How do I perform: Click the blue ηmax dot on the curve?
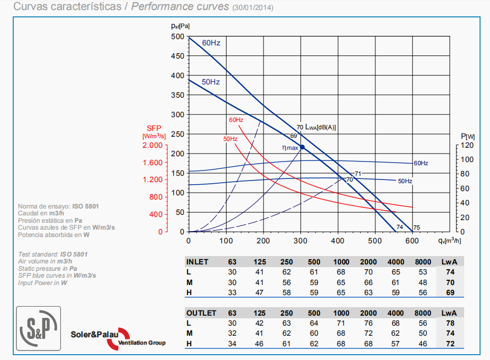coord(302,147)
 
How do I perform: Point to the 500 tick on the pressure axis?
coord(178,36)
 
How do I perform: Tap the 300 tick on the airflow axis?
coord(300,241)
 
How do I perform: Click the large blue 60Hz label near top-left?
coord(211,42)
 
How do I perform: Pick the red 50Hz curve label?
coord(230,139)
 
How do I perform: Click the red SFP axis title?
coord(154,128)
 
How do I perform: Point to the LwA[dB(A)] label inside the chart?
coord(321,127)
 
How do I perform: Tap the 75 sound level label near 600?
coord(417,228)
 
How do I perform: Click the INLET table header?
coord(197,262)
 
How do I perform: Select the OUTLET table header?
coord(201,313)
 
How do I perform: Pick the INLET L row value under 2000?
coord(369,272)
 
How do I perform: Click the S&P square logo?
coord(39,328)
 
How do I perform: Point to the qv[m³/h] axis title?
coord(449,241)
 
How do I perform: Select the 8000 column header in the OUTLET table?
coord(423,313)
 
